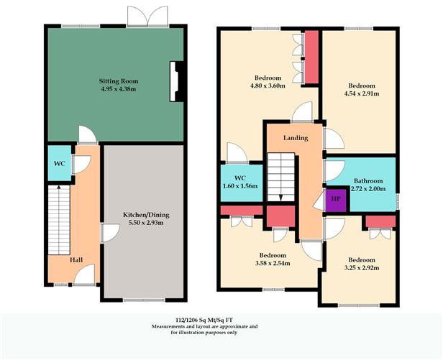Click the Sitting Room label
(x=119, y=81)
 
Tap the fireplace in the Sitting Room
(x=177, y=82)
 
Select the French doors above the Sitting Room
(x=147, y=17)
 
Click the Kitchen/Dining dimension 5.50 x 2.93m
(x=146, y=223)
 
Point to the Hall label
(x=76, y=259)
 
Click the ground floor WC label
(x=60, y=163)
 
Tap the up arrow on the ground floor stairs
(x=59, y=187)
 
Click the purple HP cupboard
(x=336, y=199)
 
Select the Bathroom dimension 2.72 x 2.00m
(x=368, y=188)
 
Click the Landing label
(x=296, y=138)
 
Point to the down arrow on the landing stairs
(x=280, y=198)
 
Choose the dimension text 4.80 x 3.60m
(x=268, y=86)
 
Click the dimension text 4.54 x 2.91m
(x=362, y=93)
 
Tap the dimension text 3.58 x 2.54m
(x=273, y=264)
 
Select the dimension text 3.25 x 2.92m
(x=362, y=268)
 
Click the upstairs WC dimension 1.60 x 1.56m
(x=240, y=186)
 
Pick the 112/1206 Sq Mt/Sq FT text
(x=204, y=320)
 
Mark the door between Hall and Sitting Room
(x=88, y=135)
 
